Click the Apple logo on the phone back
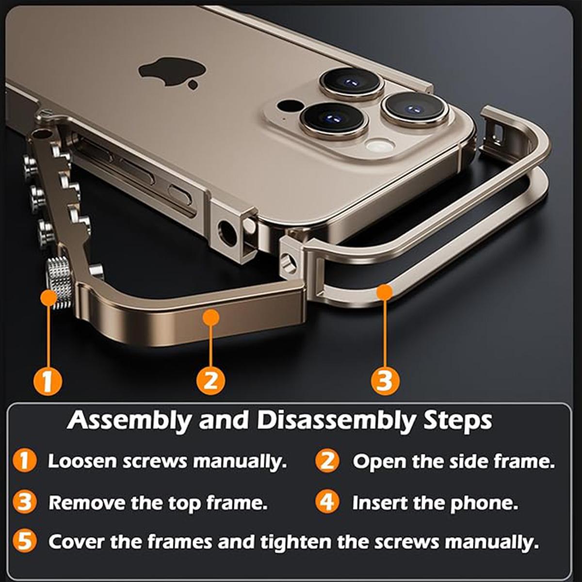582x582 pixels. click(x=172, y=73)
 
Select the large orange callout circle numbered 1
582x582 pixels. click(x=48, y=381)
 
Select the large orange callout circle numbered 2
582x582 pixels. click(x=210, y=381)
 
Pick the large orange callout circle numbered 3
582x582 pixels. click(x=385, y=381)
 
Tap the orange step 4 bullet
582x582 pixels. click(x=327, y=501)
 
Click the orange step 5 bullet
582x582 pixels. click(x=25, y=541)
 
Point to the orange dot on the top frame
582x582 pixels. click(x=385, y=292)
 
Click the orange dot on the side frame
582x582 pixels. click(x=210, y=318)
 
